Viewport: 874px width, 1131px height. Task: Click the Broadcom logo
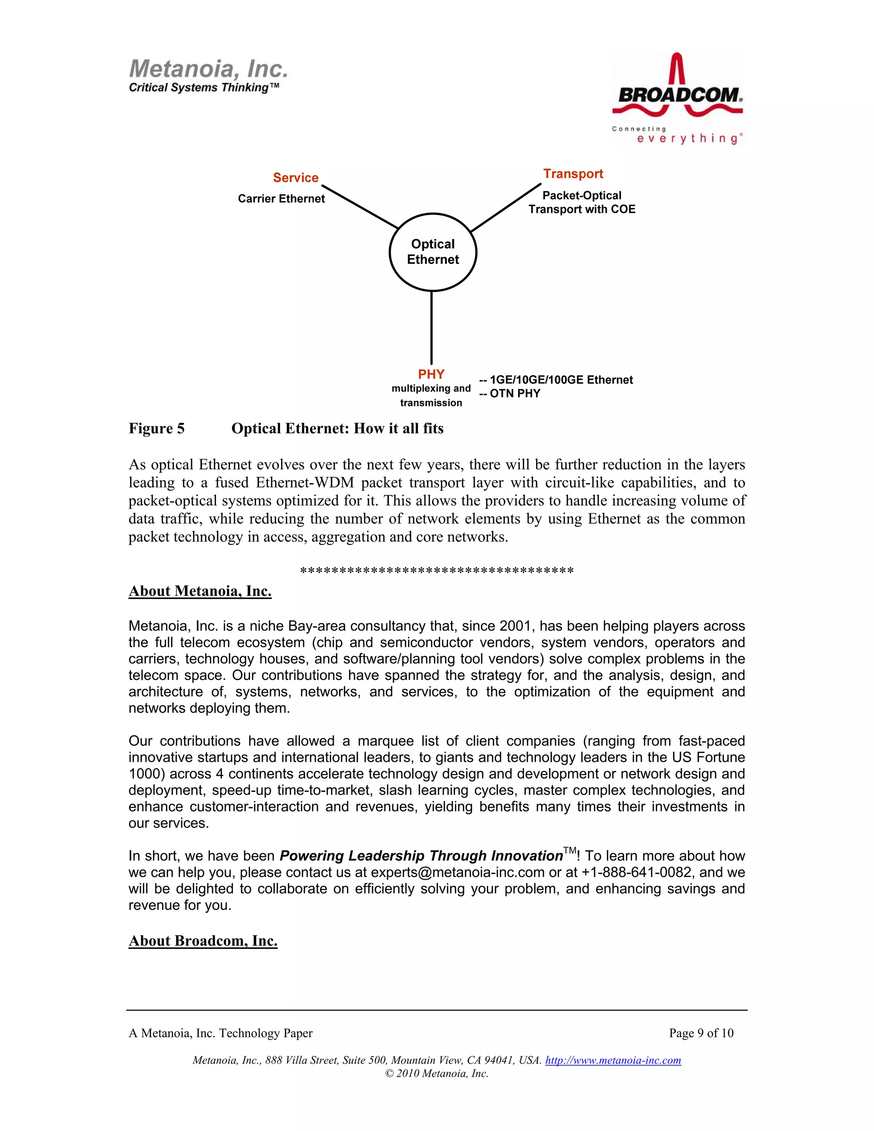[x=677, y=99]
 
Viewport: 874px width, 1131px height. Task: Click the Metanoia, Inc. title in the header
[x=208, y=69]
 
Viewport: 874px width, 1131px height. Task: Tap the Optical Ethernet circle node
[x=433, y=252]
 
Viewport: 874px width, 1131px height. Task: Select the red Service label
[x=296, y=178]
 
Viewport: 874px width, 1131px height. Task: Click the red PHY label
[x=431, y=374]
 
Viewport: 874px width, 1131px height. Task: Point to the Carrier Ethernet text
[x=281, y=199]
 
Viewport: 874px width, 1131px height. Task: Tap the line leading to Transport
[x=505, y=207]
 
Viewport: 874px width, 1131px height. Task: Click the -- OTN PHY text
[x=510, y=394]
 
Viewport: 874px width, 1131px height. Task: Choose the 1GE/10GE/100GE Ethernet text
[x=561, y=380]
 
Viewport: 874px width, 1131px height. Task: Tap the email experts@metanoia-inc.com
[x=458, y=873]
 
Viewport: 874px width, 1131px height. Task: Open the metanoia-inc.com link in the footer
[x=613, y=1060]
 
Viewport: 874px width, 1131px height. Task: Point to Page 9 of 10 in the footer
[x=701, y=1033]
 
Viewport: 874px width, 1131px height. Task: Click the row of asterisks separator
[x=437, y=571]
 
